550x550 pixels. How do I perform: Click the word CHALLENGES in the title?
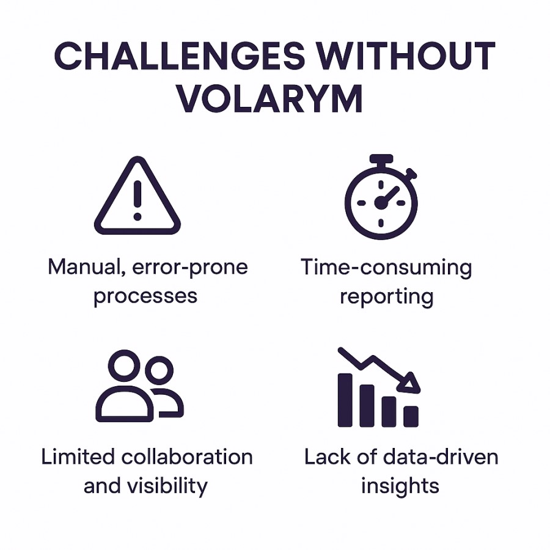point(180,56)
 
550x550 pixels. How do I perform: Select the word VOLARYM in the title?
point(269,98)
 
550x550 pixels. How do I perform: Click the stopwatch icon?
point(381,197)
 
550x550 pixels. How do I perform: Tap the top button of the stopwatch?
point(381,158)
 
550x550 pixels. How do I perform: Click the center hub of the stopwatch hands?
point(381,202)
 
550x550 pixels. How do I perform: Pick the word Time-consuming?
point(386,268)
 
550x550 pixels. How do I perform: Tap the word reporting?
point(387,297)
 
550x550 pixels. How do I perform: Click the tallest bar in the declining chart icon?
point(345,400)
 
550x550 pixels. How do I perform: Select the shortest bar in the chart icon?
point(411,416)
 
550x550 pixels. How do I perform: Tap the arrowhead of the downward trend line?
point(411,383)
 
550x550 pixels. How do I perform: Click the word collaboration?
point(187,457)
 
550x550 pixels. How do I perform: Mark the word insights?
point(400,487)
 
